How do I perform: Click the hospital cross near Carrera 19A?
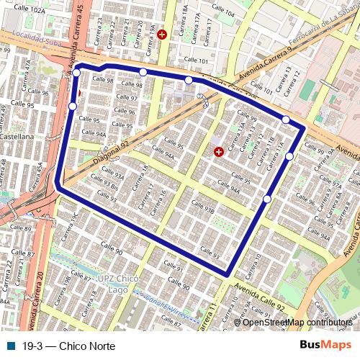161,34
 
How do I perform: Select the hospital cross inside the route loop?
218,152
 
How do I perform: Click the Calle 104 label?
224,14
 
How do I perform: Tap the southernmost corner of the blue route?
228,274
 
